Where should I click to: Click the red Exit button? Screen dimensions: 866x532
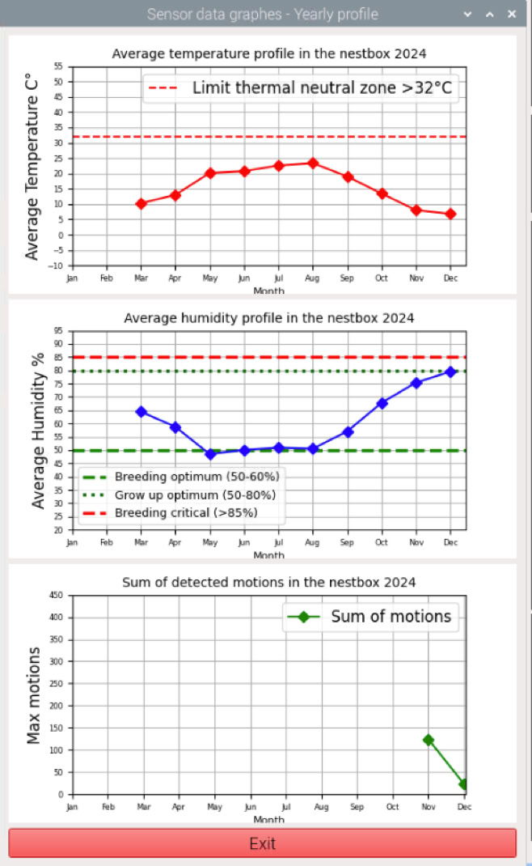262,843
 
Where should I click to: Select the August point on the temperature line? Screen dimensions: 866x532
313,163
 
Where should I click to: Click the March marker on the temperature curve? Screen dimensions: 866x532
141,204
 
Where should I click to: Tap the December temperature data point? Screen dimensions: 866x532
450,214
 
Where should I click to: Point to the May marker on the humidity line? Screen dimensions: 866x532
210,454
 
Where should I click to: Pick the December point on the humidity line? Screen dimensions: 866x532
450,371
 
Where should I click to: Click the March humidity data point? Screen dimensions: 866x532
141,412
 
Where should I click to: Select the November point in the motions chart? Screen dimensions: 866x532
429,740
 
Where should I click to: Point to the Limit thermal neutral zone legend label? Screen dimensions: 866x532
322,88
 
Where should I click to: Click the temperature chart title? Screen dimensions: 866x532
269,54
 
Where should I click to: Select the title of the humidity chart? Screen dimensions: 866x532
269,318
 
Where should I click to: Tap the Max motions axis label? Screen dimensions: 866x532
34,695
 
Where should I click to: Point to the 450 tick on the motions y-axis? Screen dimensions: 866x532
57,596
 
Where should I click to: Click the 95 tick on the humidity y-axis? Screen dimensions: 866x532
59,331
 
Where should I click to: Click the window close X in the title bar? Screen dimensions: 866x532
512,15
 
